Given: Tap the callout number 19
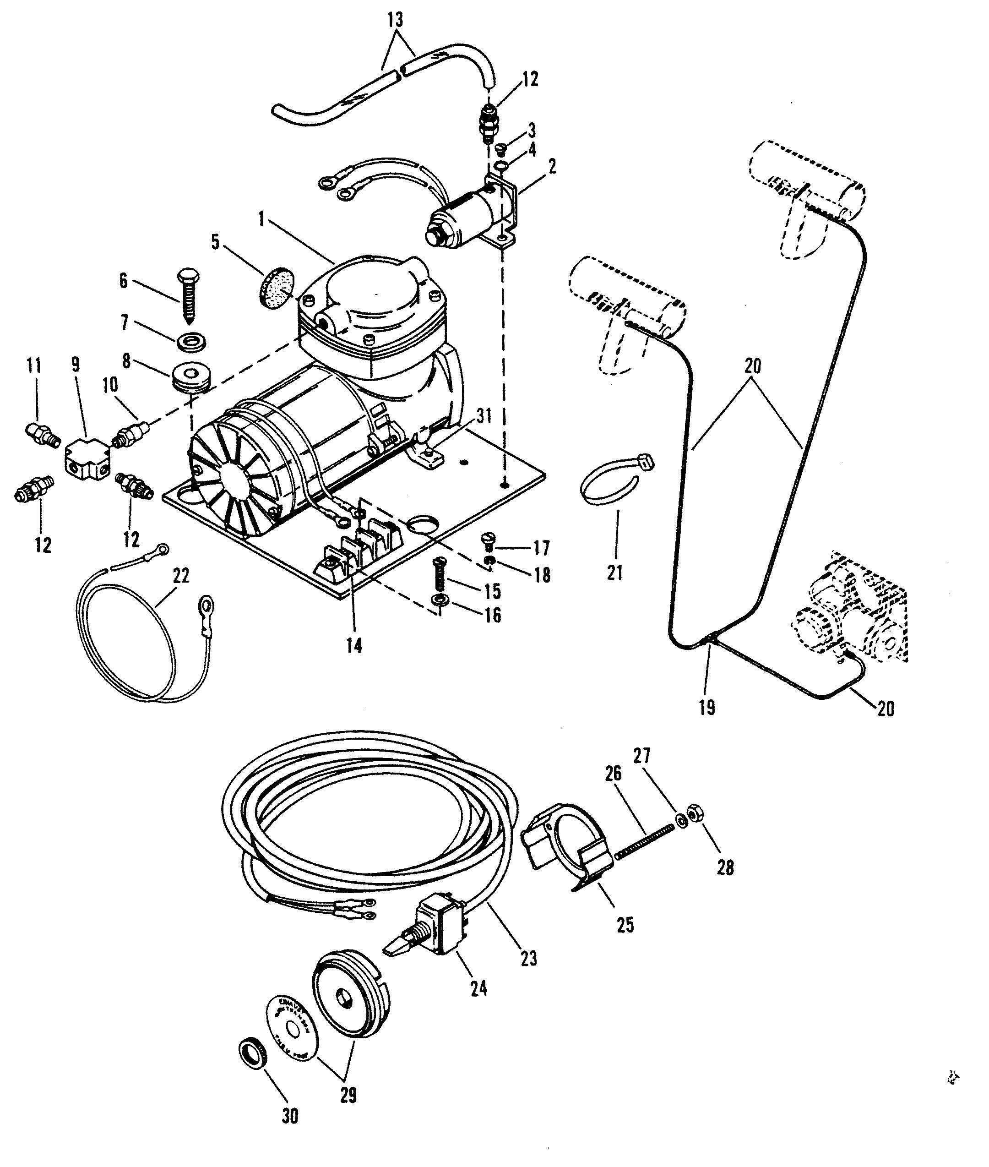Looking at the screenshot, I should [x=707, y=708].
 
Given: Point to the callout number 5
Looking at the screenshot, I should [x=215, y=242].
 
